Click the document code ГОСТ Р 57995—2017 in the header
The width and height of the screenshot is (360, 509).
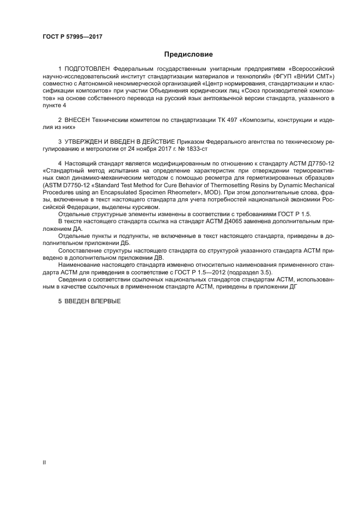(x=72, y=36)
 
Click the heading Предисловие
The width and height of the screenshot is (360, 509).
(x=188, y=54)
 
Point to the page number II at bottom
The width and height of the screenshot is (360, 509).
(x=44, y=462)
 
